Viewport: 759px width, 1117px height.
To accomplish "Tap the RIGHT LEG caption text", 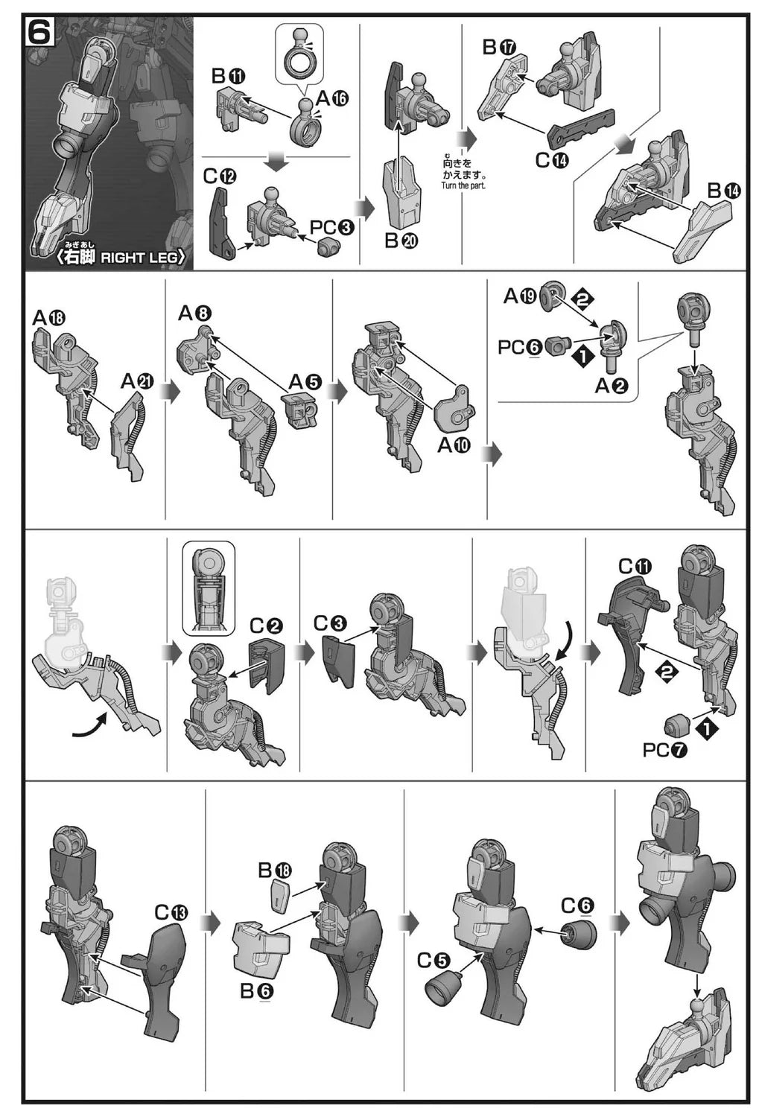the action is pos(143,258).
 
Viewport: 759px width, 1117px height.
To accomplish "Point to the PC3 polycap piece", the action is pos(328,245).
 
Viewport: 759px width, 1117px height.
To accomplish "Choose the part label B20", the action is pos(401,241).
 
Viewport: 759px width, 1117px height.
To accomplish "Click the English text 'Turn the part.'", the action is pos(463,185).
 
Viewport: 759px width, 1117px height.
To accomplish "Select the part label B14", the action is pos(724,190).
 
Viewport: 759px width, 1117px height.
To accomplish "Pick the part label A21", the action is pos(137,381).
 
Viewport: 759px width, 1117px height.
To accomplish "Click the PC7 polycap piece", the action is pos(677,725).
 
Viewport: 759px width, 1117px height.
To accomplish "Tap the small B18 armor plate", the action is pos(281,896).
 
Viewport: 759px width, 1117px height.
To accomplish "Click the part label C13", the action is pos(171,912).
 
